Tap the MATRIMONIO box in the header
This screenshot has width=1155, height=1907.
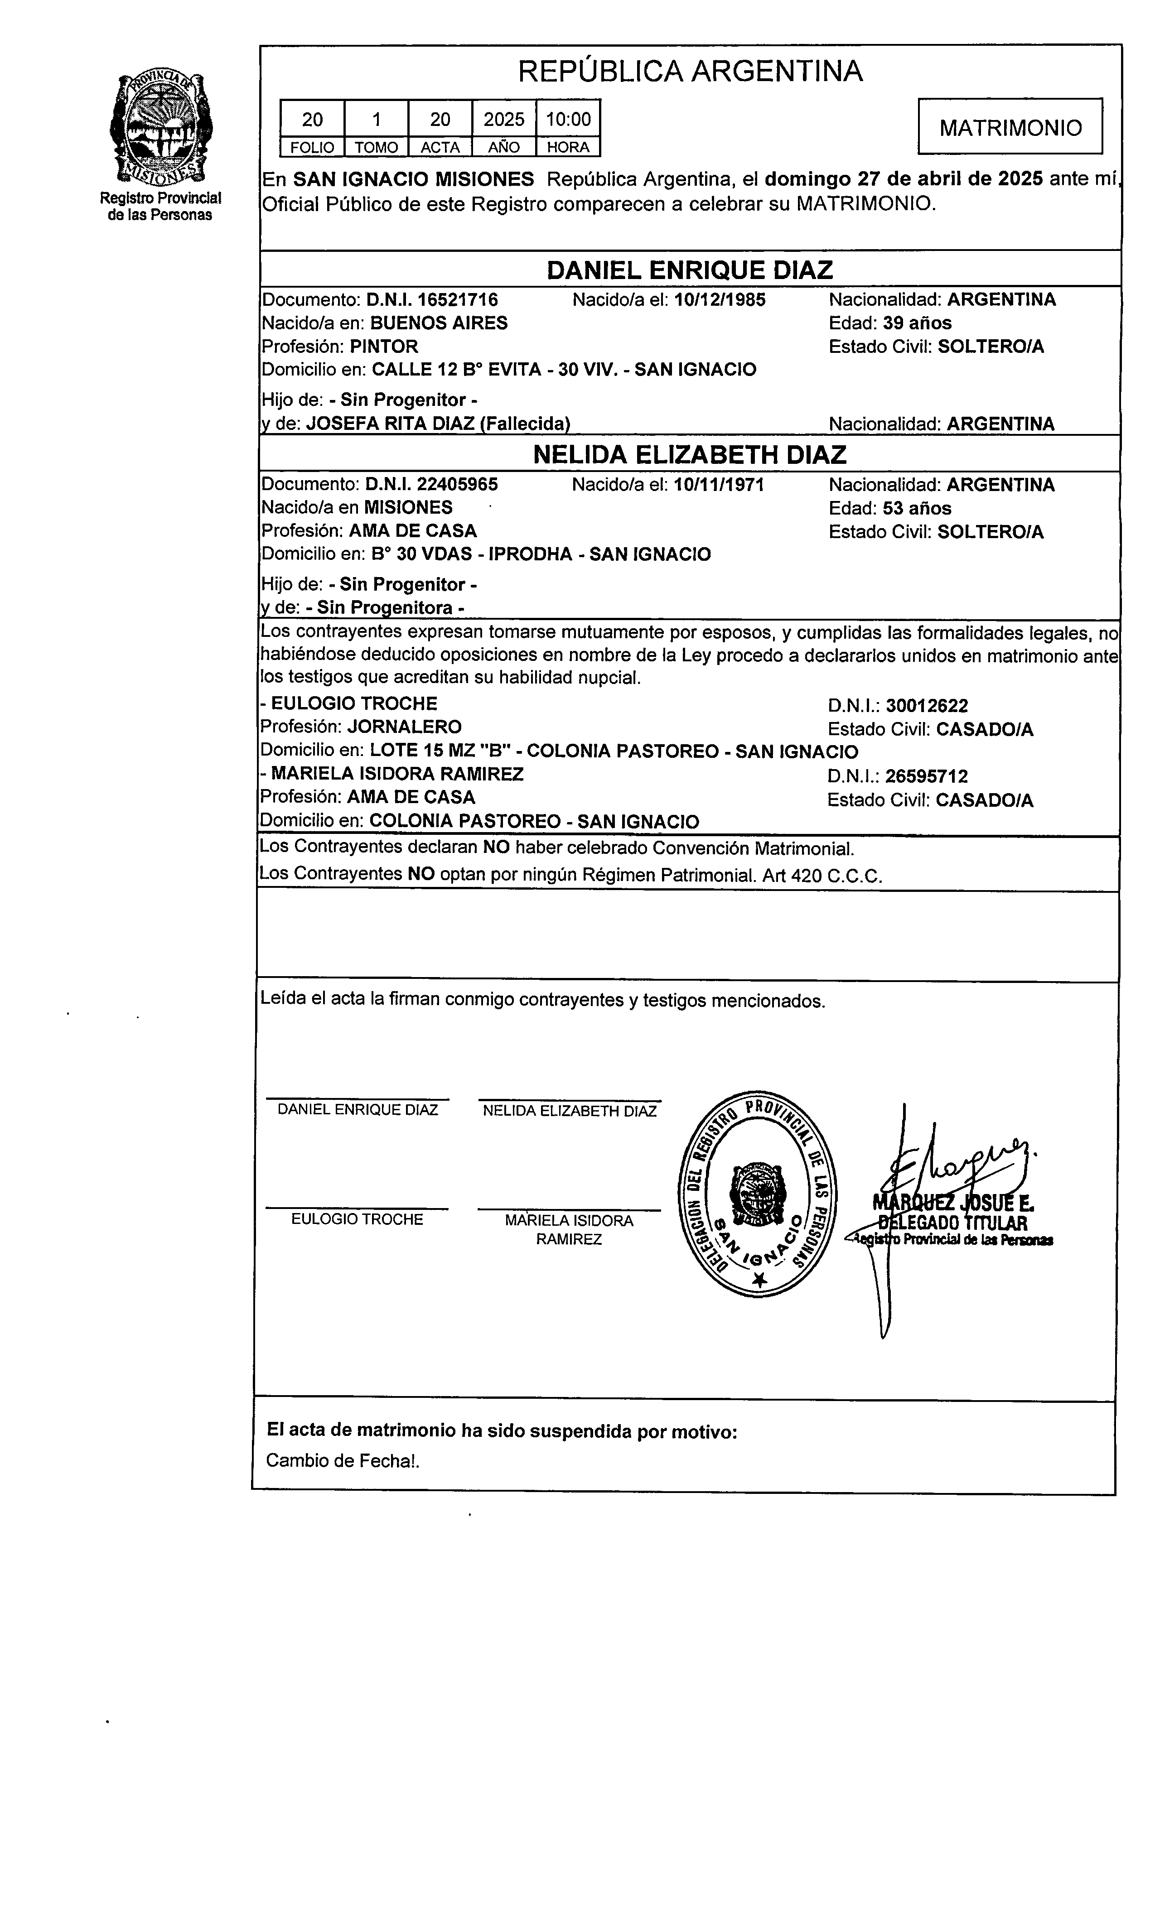[1010, 127]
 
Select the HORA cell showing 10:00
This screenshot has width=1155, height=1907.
[568, 119]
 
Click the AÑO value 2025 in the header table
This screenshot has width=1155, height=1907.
[504, 119]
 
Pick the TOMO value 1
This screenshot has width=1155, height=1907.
[376, 119]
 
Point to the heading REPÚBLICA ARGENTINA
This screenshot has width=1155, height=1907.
[690, 71]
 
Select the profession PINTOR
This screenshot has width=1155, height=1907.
[384, 346]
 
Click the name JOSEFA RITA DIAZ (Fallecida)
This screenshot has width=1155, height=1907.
[438, 424]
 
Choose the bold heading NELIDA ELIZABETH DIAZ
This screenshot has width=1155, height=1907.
[690, 454]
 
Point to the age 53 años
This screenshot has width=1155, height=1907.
[917, 509]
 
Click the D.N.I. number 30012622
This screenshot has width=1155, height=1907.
[927, 706]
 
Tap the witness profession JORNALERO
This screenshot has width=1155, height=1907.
[404, 727]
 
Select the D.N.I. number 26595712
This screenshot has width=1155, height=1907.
[927, 776]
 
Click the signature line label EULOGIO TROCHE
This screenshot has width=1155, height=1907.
[357, 1220]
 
